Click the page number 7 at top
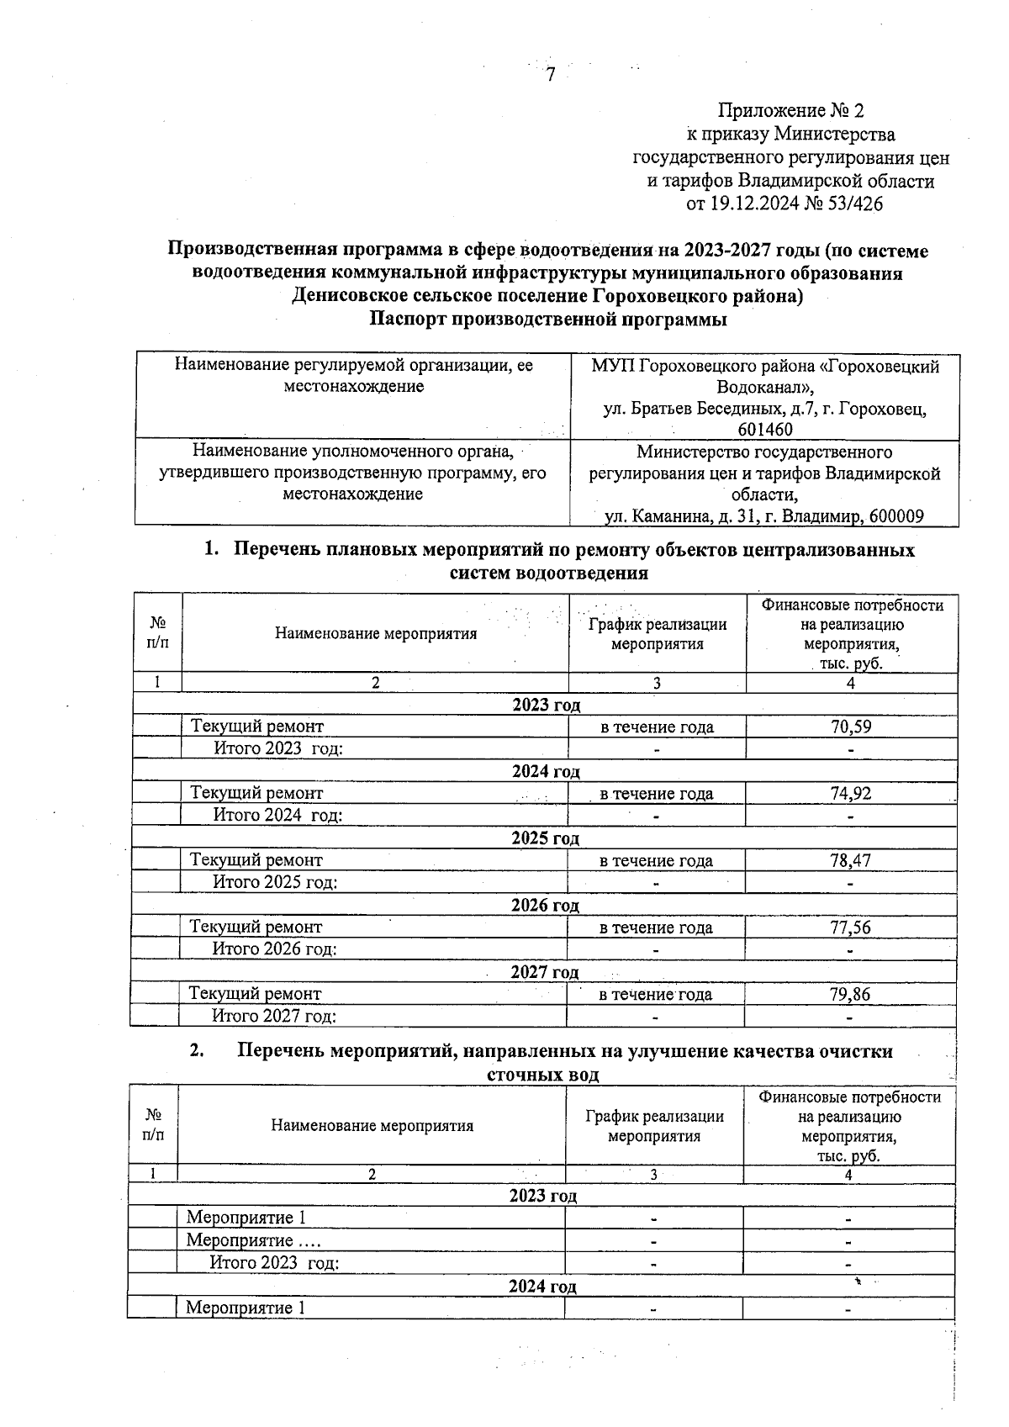(551, 76)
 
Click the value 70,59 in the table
(850, 727)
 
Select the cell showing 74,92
(850, 794)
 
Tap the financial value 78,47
(850, 861)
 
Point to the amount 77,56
(850, 928)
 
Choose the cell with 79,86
(850, 995)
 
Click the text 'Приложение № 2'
(790, 111)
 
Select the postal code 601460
(765, 430)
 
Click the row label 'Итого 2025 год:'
(275, 882)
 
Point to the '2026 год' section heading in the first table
(545, 906)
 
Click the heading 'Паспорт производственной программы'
(548, 320)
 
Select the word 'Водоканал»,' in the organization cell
(765, 388)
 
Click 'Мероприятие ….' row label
(253, 1240)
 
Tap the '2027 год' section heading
(545, 972)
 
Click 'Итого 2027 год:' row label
(274, 1017)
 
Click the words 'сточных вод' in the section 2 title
(542, 1075)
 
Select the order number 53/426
(854, 203)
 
